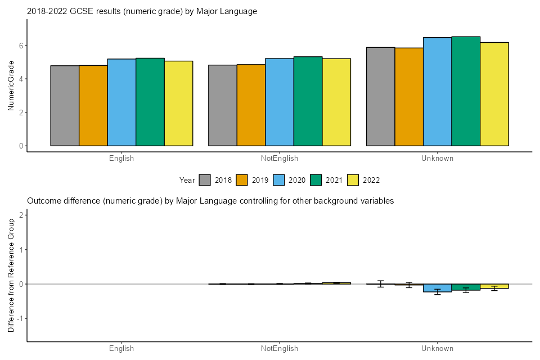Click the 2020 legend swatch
coord(279,180)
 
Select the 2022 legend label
coord(372,180)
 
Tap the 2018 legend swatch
coord(205,180)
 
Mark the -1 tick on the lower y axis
coord(19,318)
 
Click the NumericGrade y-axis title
coord(11,86)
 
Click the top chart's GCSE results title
coord(142,11)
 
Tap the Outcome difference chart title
coord(210,200)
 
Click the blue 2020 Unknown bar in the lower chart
coord(438,288)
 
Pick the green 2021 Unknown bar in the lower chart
coord(466,287)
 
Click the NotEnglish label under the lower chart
coord(280,349)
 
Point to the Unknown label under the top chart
coord(437,159)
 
